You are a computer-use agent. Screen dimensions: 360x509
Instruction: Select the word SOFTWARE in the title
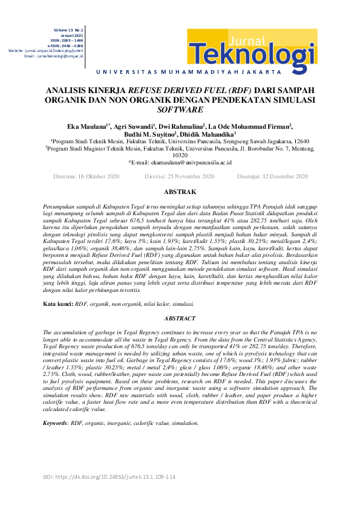pyautogui.click(x=180, y=111)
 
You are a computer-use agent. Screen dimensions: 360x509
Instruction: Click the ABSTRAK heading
pyautogui.click(x=180, y=192)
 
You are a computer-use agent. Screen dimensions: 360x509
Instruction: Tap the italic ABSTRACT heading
pyautogui.click(x=180, y=318)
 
